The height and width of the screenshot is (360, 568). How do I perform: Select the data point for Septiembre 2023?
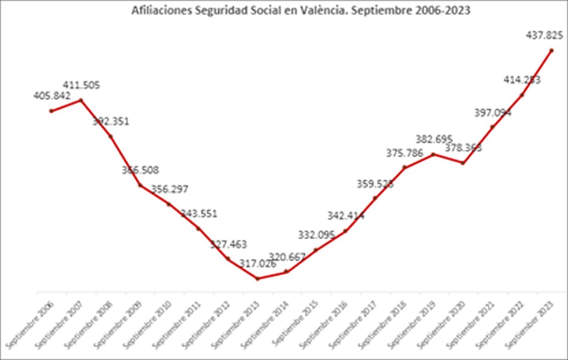click(x=551, y=50)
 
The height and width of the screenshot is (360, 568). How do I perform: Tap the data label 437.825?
click(x=544, y=35)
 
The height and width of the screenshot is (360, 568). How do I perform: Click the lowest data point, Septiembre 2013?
click(x=257, y=279)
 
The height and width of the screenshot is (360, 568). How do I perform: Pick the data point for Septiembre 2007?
click(x=81, y=100)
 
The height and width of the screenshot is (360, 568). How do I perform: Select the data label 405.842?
click(x=52, y=96)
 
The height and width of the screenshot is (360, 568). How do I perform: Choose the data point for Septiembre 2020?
click(x=463, y=163)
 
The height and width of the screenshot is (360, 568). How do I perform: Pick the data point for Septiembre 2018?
click(x=405, y=167)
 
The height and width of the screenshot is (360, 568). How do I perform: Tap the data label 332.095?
click(x=316, y=234)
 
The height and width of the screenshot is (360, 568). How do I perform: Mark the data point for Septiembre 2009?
click(x=140, y=185)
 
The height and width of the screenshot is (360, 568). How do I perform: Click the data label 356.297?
click(x=169, y=189)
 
